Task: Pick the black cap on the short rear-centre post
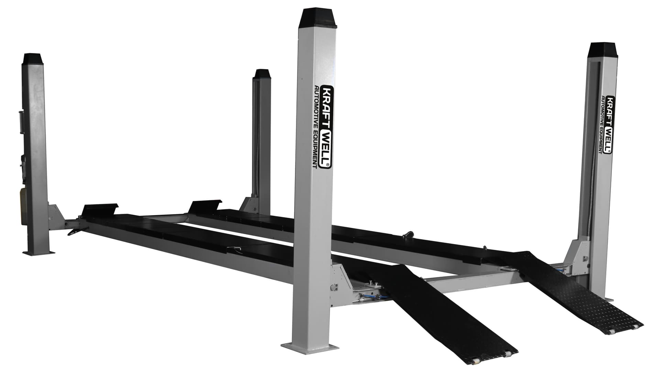(262, 74)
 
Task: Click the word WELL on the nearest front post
(325, 148)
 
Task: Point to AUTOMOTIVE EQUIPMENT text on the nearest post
(316, 127)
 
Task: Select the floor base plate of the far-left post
(38, 253)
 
